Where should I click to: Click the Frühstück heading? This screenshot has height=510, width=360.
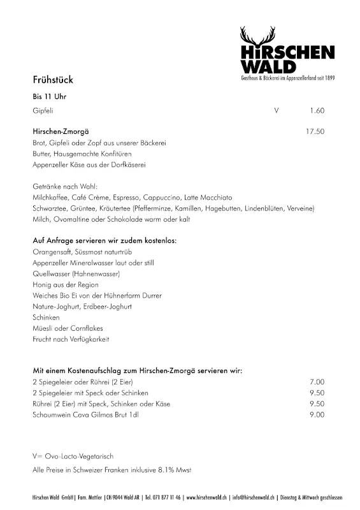click(x=53, y=80)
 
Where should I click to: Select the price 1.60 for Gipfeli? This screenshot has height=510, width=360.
click(x=317, y=111)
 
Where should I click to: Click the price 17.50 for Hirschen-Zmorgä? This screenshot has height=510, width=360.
click(x=315, y=131)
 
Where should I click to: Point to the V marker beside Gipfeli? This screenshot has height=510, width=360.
click(x=276, y=111)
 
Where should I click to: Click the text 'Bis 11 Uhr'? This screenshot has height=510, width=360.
click(x=49, y=97)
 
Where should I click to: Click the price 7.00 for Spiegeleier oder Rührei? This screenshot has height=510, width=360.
click(x=317, y=381)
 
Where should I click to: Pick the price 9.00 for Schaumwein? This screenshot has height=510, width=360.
click(x=317, y=414)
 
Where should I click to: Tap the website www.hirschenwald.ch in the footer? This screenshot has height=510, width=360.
click(x=216, y=497)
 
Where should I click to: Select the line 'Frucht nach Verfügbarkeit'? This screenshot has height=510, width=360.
click(x=71, y=339)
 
